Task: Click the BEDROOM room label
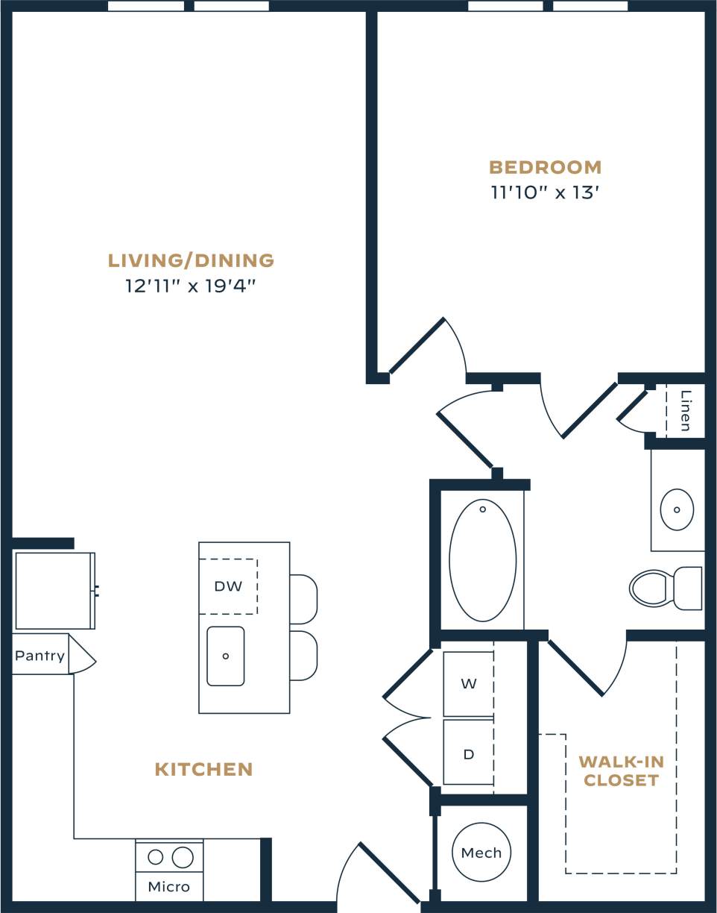[x=545, y=167]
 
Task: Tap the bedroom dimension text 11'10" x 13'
[x=545, y=192]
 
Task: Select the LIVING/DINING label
[x=191, y=260]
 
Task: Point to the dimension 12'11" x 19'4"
[x=191, y=286]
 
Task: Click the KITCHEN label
[x=203, y=769]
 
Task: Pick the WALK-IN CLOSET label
[x=621, y=771]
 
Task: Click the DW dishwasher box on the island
[x=228, y=586]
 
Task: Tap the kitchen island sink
[x=226, y=656]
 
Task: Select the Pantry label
[x=40, y=656]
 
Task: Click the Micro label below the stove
[x=168, y=887]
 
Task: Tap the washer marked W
[x=468, y=684]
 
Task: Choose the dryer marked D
[x=468, y=753]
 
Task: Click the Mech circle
[x=481, y=852]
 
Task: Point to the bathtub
[x=482, y=560]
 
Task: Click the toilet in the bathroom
[x=663, y=588]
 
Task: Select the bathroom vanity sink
[x=677, y=509]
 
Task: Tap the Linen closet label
[x=686, y=411]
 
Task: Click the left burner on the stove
[x=155, y=857]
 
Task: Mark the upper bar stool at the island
[x=303, y=599]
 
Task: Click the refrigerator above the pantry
[x=54, y=590]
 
